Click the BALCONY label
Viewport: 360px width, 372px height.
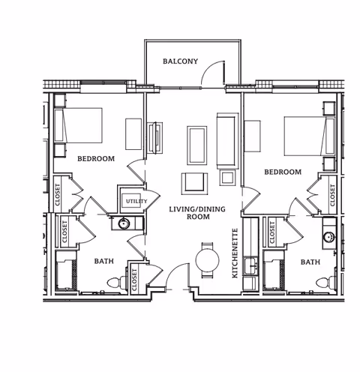tap(180, 61)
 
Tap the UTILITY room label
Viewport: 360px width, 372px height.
tap(136, 201)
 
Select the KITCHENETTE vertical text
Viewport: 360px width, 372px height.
tap(235, 253)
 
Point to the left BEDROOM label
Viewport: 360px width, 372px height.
tap(95, 158)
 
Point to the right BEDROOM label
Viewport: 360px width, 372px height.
tap(283, 172)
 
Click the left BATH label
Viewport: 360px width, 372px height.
tap(103, 262)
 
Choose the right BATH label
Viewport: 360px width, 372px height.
tap(309, 262)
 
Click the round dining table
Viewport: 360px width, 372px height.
tap(206, 259)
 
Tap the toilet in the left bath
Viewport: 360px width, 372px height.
tap(115, 283)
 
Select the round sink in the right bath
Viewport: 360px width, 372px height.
tap(328, 237)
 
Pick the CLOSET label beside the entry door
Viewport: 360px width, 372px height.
tap(135, 278)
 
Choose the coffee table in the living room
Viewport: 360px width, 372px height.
tap(198, 145)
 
